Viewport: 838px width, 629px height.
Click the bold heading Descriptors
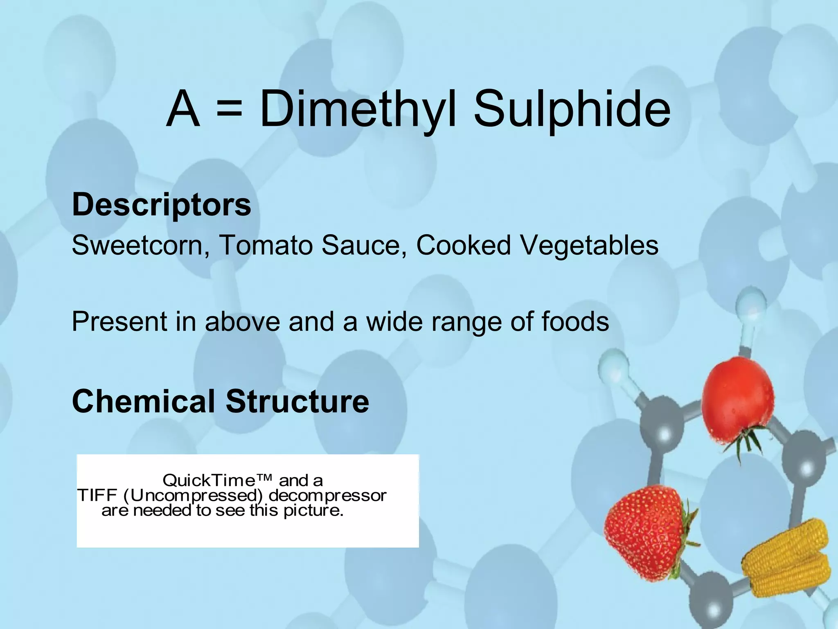point(162,204)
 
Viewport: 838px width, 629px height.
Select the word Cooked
point(464,245)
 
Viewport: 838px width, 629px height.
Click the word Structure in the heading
point(297,401)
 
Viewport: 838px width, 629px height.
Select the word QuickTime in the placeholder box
point(217,480)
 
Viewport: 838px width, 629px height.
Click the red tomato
point(737,399)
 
